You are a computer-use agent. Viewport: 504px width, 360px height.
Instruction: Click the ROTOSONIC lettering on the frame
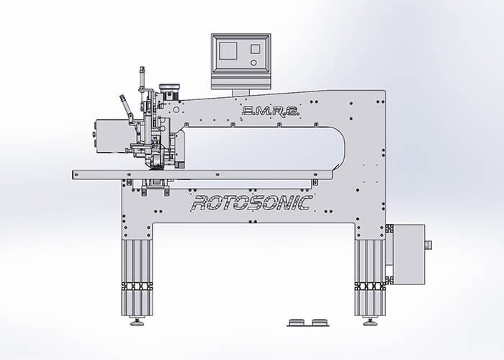point(252,203)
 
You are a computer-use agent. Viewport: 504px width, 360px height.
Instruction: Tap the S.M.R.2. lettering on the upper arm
point(271,111)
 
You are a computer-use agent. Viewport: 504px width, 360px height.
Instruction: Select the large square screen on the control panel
point(228,51)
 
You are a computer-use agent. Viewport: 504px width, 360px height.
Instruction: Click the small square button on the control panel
point(255,49)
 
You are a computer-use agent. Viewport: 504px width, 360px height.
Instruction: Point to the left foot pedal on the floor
point(296,322)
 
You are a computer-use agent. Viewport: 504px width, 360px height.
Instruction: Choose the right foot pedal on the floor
point(320,322)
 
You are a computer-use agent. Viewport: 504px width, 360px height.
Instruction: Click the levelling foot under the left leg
point(137,321)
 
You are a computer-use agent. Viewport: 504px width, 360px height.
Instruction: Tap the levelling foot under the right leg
point(370,321)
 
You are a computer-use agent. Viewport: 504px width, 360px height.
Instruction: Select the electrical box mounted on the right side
point(409,254)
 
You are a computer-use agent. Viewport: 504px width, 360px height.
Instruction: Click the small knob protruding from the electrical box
point(428,246)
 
